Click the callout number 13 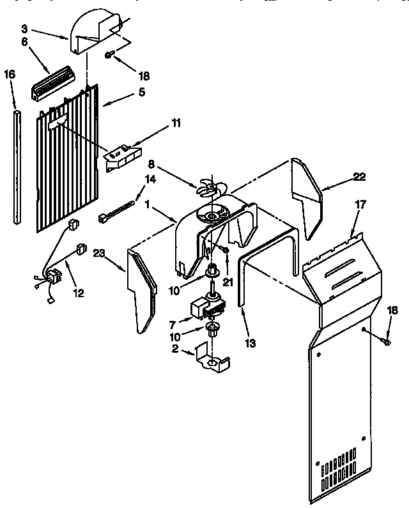pos(250,343)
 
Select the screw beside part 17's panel pos(386,342)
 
